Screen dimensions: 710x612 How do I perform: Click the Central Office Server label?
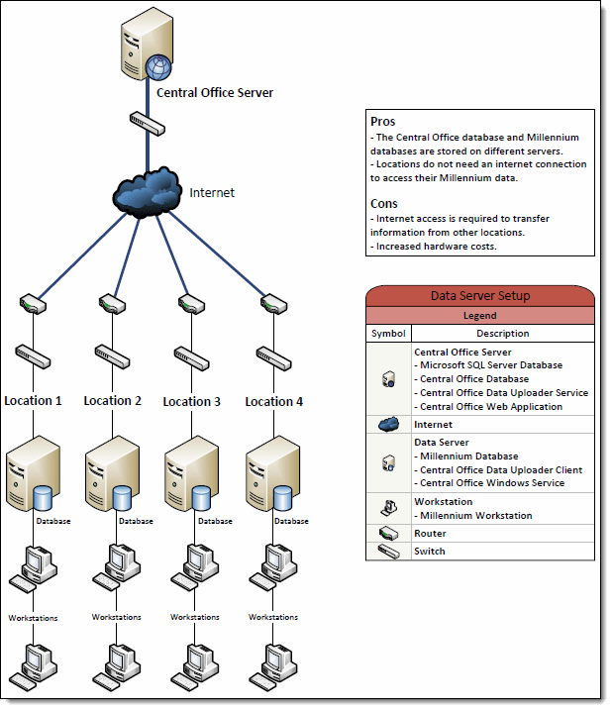[214, 93]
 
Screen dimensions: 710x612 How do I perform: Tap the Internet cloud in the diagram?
[150, 191]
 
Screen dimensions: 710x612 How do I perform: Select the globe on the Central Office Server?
[156, 67]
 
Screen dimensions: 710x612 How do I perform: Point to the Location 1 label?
[33, 401]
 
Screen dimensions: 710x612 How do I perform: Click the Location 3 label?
[192, 402]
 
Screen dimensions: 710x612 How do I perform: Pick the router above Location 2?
[111, 302]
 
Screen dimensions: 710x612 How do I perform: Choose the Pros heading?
[382, 121]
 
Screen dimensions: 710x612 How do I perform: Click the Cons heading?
[384, 204]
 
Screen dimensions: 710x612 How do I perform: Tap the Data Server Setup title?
[480, 296]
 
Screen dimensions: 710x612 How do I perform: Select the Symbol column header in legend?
[388, 334]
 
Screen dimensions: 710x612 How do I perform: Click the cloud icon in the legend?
[388, 425]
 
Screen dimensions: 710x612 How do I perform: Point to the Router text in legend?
[430, 534]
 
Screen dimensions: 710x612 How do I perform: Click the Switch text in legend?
[430, 552]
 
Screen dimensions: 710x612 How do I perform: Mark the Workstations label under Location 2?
[116, 617]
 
